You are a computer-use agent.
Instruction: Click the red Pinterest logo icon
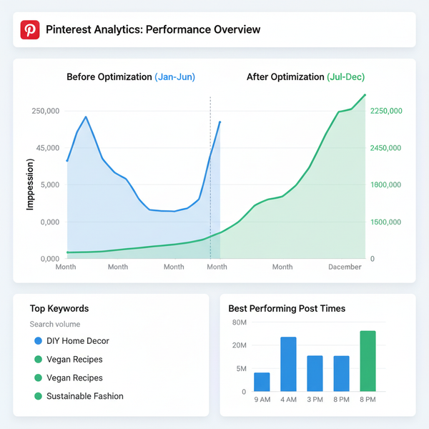click(30, 30)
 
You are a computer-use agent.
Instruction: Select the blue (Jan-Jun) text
click(174, 77)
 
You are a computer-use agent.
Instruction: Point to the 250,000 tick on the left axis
click(46, 112)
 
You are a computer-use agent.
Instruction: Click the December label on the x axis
click(345, 267)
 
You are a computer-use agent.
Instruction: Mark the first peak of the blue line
click(86, 117)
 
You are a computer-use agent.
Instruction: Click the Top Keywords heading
click(59, 309)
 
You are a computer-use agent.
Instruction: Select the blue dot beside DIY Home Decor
click(37, 341)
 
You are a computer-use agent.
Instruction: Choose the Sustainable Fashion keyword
click(85, 396)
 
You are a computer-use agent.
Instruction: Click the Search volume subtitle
click(56, 325)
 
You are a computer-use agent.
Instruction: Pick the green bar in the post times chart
click(368, 361)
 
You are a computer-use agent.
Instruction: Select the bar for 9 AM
click(262, 382)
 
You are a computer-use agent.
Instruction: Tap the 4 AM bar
click(288, 364)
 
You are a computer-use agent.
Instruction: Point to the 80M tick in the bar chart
click(239, 323)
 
